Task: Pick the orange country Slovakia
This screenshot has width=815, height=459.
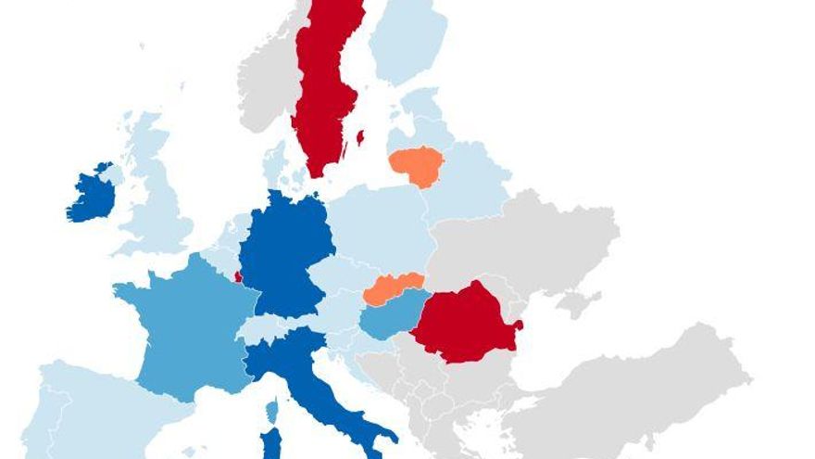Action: point(394,289)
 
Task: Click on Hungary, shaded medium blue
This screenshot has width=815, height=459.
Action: point(389,320)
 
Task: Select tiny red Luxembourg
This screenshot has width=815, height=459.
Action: point(238,276)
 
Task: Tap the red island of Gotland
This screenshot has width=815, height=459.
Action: point(360,138)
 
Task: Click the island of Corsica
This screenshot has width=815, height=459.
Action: point(272,410)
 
